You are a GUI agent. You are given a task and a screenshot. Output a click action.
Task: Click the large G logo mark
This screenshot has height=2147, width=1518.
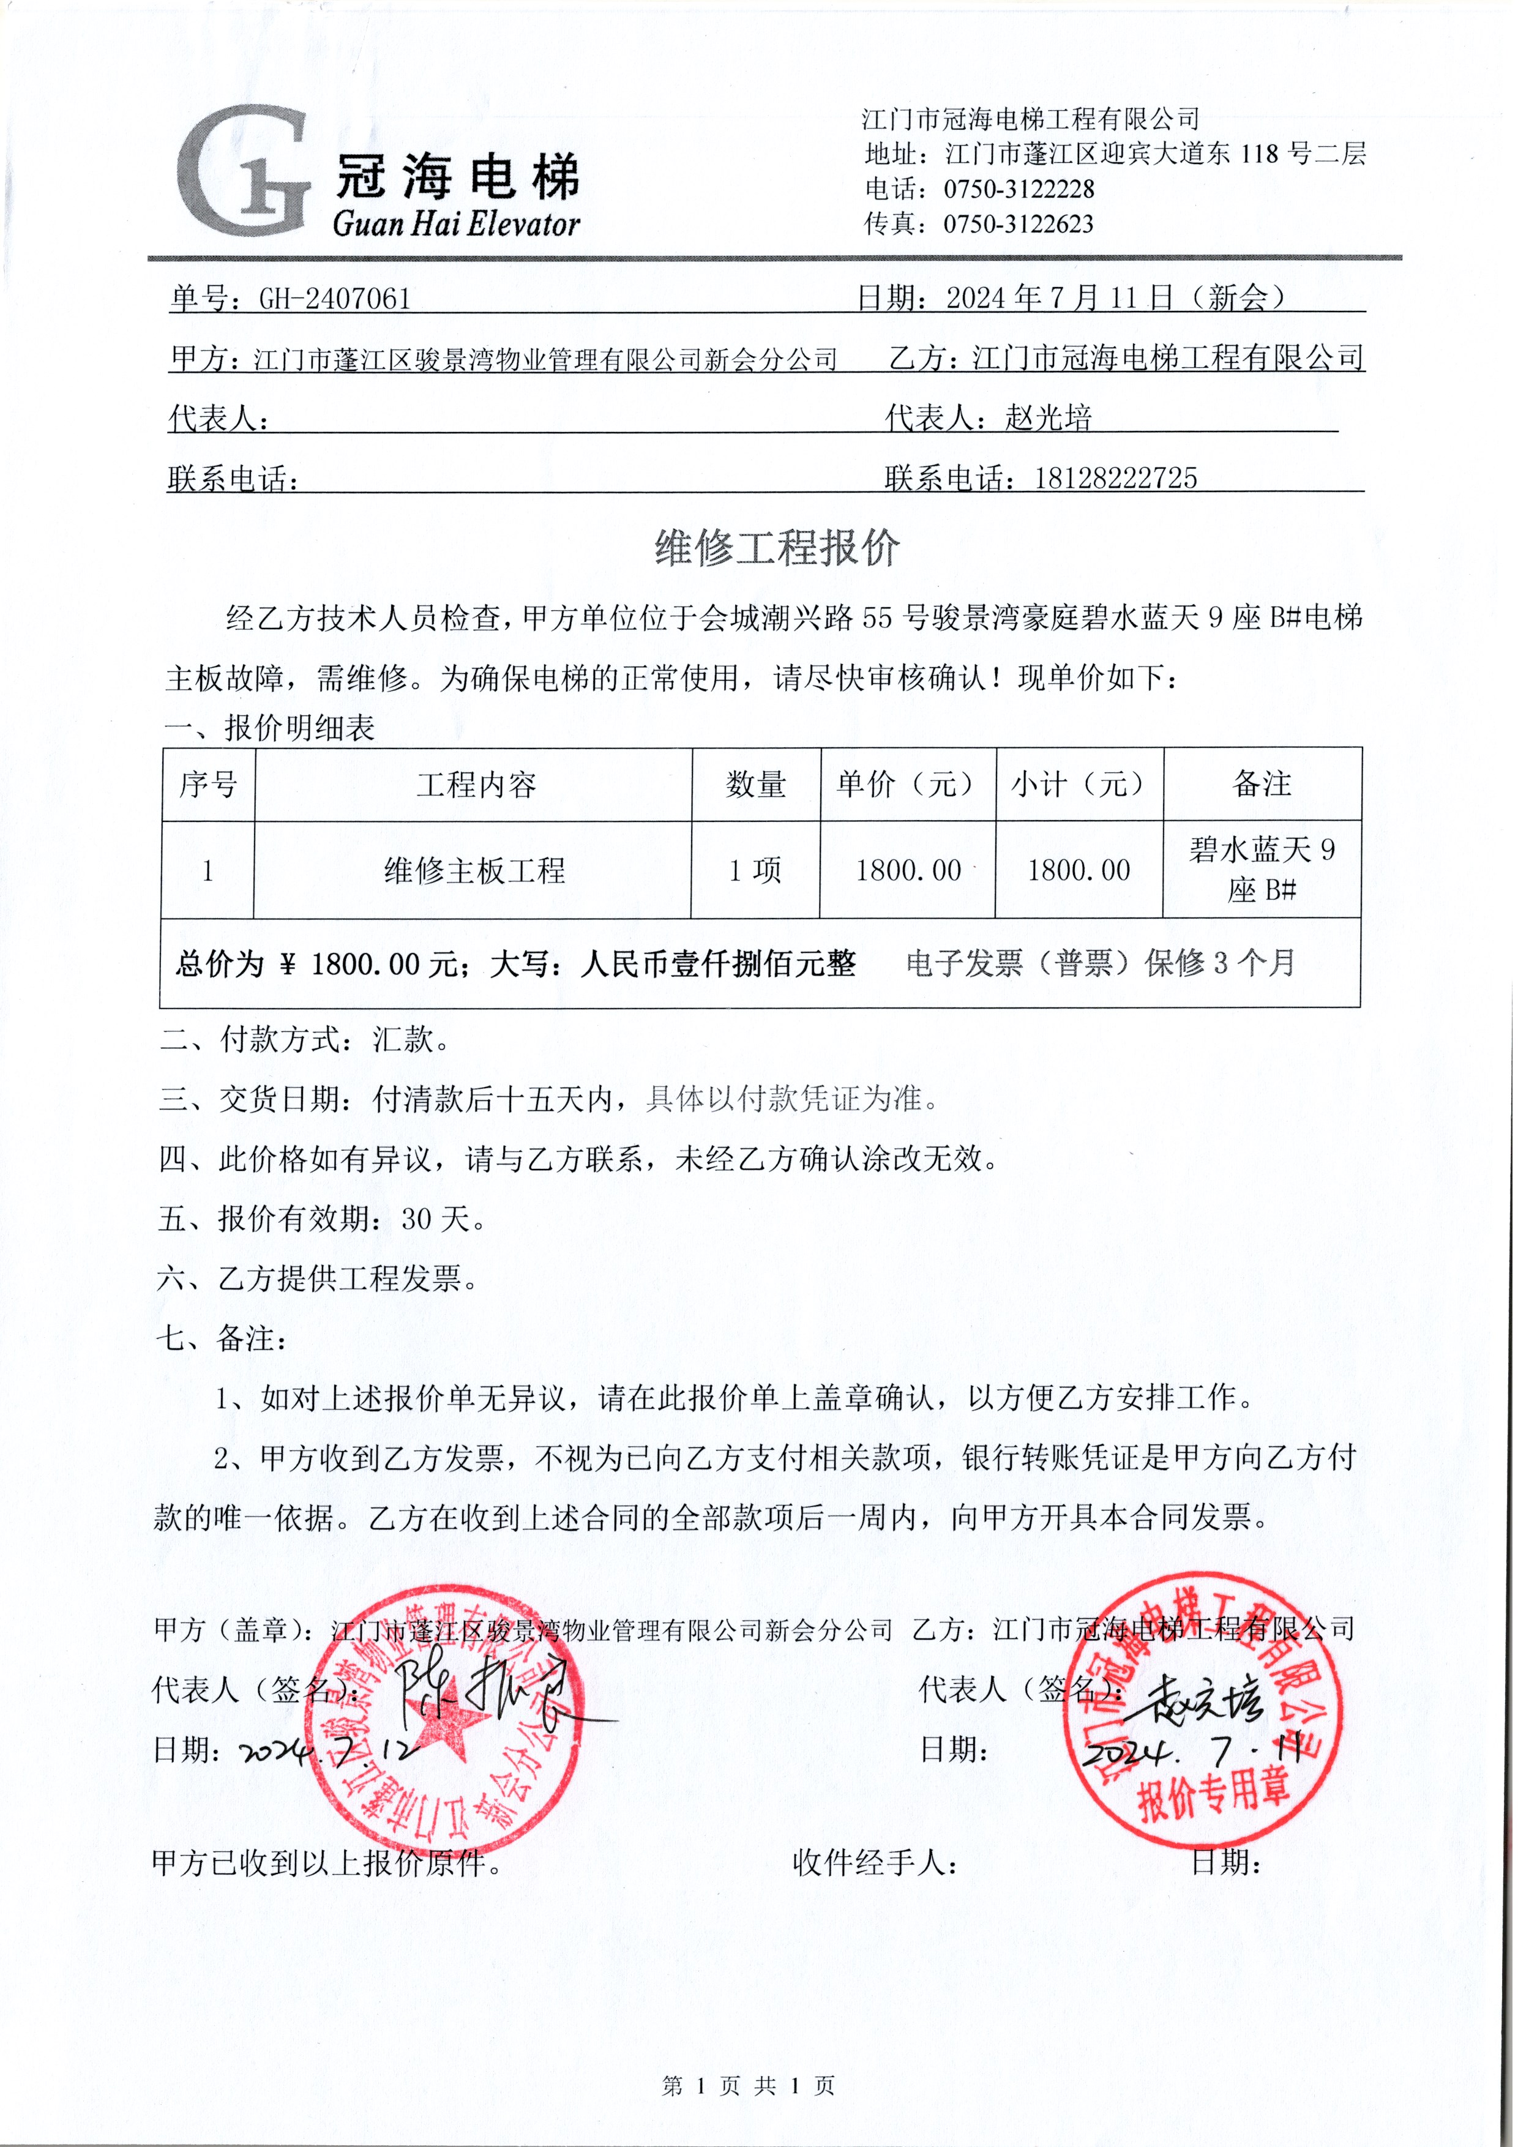tap(241, 171)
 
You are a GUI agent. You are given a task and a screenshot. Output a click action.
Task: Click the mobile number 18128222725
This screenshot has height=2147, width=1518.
tap(1115, 479)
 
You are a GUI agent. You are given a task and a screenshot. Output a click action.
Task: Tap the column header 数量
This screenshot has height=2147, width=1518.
tap(756, 785)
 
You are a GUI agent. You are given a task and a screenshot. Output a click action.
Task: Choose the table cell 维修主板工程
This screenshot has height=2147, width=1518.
tap(474, 870)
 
